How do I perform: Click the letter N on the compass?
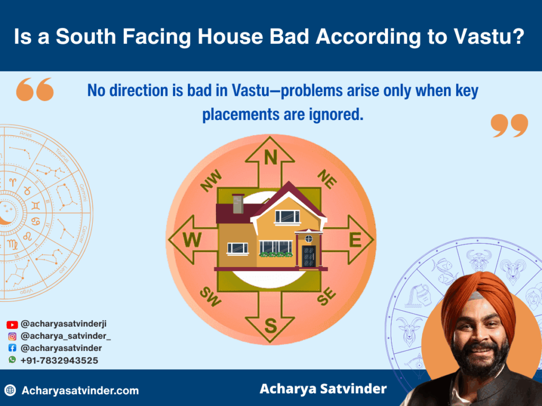(x=270, y=157)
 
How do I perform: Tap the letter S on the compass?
(x=270, y=326)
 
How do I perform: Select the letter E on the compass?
(x=355, y=241)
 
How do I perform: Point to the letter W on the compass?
(x=192, y=241)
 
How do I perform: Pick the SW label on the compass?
(x=211, y=298)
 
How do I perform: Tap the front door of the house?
(x=309, y=256)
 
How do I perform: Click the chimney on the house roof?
(x=238, y=203)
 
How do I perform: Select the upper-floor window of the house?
(x=287, y=216)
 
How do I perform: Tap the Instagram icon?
(x=12, y=336)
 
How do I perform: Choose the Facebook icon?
(x=12, y=348)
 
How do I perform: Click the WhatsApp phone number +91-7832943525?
(x=59, y=360)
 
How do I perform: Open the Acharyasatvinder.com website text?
(x=80, y=391)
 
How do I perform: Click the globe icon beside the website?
(x=10, y=391)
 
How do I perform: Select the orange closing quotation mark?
(x=509, y=125)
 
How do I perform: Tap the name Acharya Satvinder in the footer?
(x=323, y=389)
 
